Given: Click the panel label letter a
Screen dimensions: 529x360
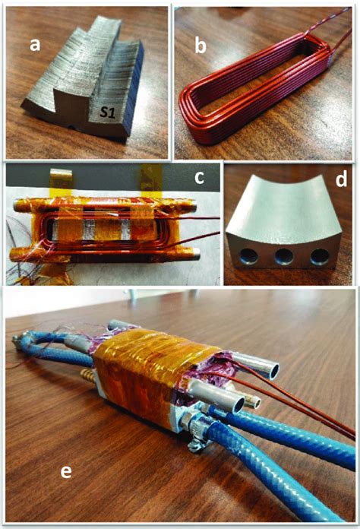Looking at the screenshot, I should [x=34, y=45].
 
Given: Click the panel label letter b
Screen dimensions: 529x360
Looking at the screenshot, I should [x=201, y=46].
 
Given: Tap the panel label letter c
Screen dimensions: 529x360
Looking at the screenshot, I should [x=200, y=179].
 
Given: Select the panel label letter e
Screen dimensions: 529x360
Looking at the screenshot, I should [x=66, y=472].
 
